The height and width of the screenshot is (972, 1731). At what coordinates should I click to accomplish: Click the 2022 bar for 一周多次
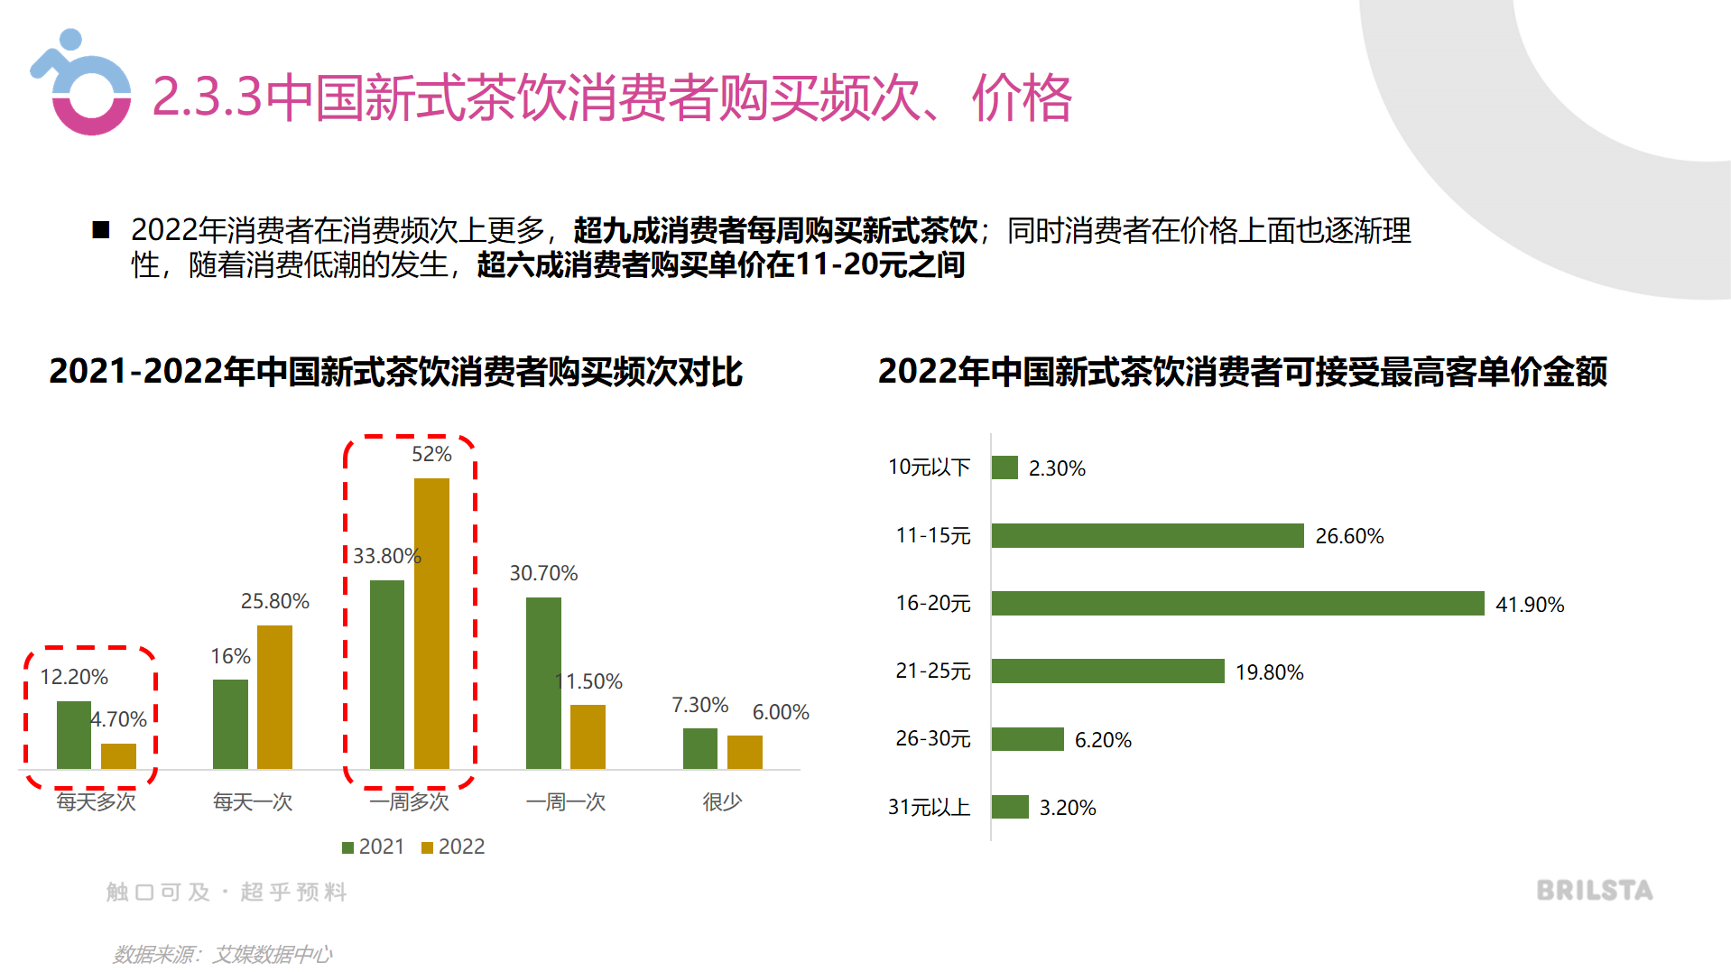(431, 623)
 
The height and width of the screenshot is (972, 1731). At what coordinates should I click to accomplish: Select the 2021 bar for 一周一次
(543, 682)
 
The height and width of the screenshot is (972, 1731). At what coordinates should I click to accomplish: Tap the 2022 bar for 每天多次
(118, 756)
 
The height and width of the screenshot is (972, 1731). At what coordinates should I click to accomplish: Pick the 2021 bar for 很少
(699, 748)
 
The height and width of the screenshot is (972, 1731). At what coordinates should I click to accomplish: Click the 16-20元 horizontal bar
(1236, 603)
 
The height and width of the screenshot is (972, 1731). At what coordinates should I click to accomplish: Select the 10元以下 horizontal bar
(1004, 467)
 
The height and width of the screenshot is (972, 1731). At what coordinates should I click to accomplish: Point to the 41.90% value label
(1529, 605)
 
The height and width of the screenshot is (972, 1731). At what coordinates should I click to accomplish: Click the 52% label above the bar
(431, 454)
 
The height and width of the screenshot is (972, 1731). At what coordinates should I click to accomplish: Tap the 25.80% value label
(274, 601)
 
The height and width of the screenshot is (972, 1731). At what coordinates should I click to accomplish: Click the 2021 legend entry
(373, 847)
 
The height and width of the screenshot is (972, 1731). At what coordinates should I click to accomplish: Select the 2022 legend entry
(453, 847)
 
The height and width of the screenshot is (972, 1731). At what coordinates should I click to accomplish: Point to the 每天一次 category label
(252, 801)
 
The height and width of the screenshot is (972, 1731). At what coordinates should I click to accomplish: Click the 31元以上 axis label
(929, 807)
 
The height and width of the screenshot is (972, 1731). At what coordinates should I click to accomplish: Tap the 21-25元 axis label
(932, 671)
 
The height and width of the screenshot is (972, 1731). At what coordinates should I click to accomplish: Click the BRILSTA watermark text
(1594, 891)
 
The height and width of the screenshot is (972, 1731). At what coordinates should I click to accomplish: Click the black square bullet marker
(101, 230)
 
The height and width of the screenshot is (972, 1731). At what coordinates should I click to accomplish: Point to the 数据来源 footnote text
(222, 954)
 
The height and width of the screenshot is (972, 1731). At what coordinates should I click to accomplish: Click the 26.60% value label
(1348, 536)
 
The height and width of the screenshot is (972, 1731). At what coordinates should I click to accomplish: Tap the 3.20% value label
(1067, 808)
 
